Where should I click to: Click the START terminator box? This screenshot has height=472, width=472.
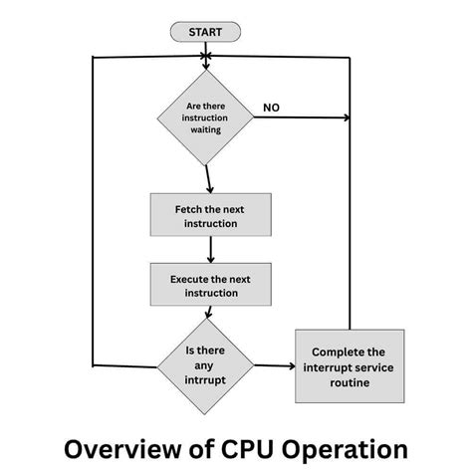tap(206, 32)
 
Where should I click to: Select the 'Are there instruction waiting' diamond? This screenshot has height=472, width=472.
tap(206, 118)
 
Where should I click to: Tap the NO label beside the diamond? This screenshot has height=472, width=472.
tap(271, 107)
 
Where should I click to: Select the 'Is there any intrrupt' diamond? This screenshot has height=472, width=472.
tap(206, 363)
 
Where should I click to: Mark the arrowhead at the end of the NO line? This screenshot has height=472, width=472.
tap(346, 118)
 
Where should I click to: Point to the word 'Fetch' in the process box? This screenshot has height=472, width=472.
tap(188, 209)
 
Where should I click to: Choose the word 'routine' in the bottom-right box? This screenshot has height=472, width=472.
tap(350, 381)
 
